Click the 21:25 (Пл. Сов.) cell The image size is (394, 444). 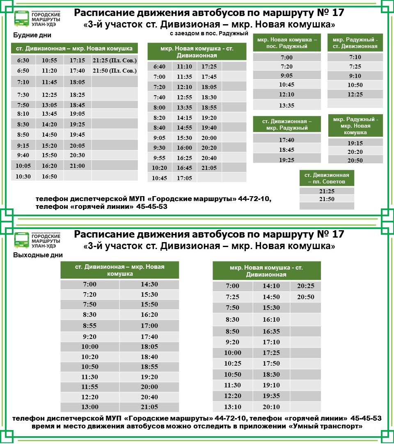coord(115,60)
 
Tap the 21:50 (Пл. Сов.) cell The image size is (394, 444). coord(115,71)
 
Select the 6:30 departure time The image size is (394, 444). coord(23,60)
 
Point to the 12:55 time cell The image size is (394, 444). coord(184,97)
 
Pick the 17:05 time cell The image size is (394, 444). coord(184,178)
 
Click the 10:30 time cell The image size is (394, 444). coord(23,176)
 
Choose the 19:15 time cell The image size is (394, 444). coord(355,143)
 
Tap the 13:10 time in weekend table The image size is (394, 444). coord(232,407)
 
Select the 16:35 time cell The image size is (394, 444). coord(271,331)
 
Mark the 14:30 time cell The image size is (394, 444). coord(149,284)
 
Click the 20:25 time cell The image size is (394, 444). coord(306,286)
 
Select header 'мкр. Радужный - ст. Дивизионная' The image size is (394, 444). coord(355,43)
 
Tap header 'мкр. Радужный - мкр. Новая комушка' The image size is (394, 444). coord(355,126)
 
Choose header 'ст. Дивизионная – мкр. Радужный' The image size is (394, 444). coord(286,125)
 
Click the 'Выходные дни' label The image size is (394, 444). coord(38,255)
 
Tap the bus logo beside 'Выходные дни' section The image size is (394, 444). coord(21,240)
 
